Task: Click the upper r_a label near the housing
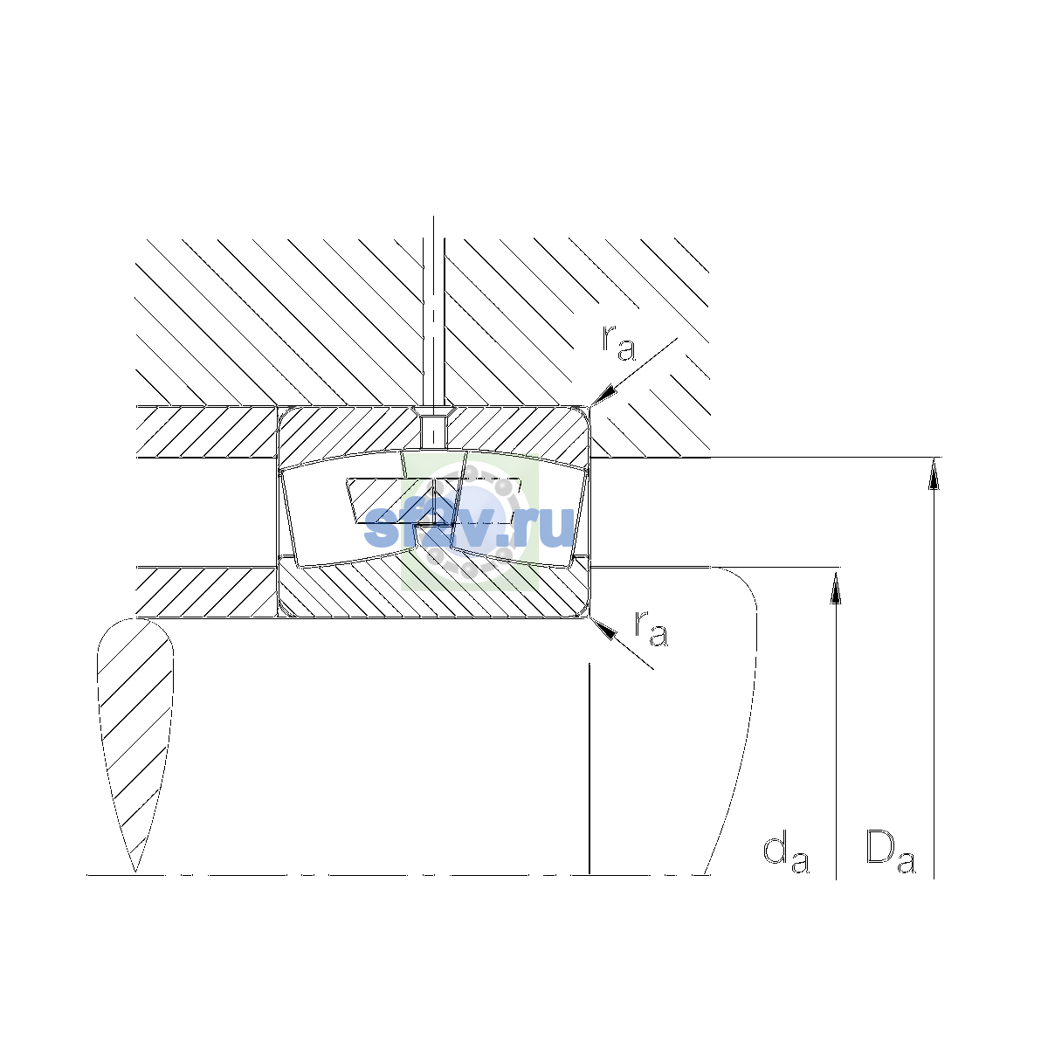pos(618,343)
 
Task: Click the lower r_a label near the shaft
pos(651,629)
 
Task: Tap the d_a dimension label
pos(786,854)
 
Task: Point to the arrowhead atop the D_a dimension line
pos(934,473)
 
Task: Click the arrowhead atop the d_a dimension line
pos(836,585)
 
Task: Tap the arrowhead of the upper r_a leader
pos(603,396)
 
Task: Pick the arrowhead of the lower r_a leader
pos(603,628)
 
